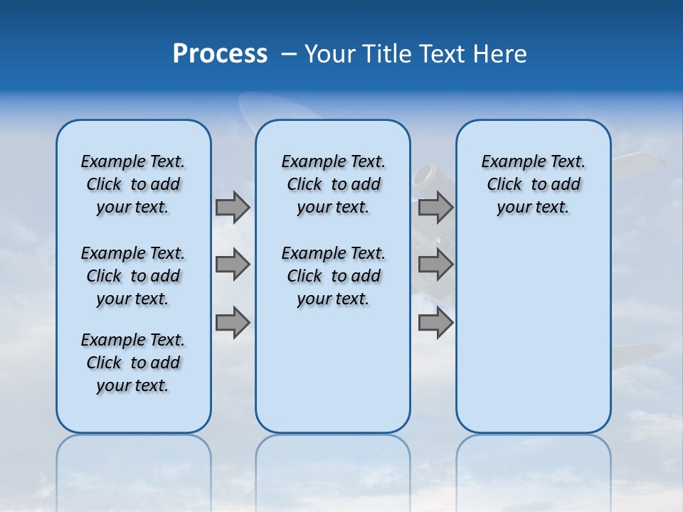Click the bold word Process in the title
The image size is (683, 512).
(x=220, y=54)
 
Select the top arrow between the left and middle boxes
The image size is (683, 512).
(x=233, y=207)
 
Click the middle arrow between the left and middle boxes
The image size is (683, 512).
(x=233, y=265)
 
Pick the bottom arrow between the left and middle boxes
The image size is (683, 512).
(x=233, y=323)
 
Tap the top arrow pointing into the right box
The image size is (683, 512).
(x=435, y=207)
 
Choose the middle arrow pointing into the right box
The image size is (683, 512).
(x=435, y=265)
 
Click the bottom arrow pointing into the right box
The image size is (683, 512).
(x=435, y=323)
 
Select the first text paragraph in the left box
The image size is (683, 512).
(x=133, y=184)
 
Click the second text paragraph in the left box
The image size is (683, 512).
(x=133, y=276)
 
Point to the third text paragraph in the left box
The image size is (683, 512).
(x=133, y=363)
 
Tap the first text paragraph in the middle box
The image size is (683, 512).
(x=333, y=184)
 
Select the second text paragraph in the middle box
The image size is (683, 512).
(x=333, y=276)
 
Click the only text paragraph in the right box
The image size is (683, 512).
(x=533, y=184)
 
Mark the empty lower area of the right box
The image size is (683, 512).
(x=533, y=334)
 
